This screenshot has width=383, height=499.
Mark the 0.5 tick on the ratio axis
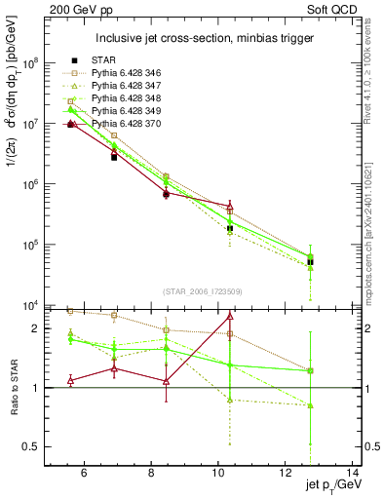pyautogui.click(x=35, y=446)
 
